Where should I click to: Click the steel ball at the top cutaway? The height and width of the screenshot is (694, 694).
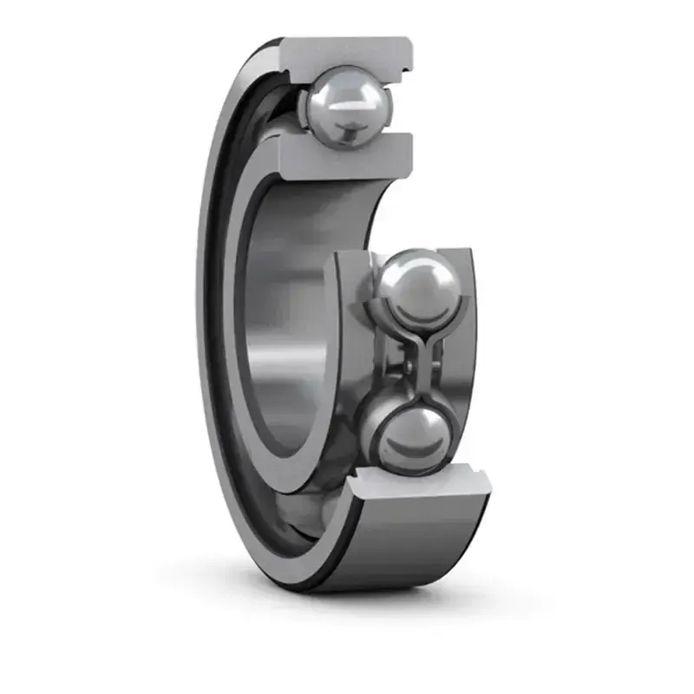click(x=345, y=108)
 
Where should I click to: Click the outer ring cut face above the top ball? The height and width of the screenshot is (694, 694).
click(x=347, y=53)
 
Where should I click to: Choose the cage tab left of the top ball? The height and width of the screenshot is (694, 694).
click(x=303, y=108)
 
